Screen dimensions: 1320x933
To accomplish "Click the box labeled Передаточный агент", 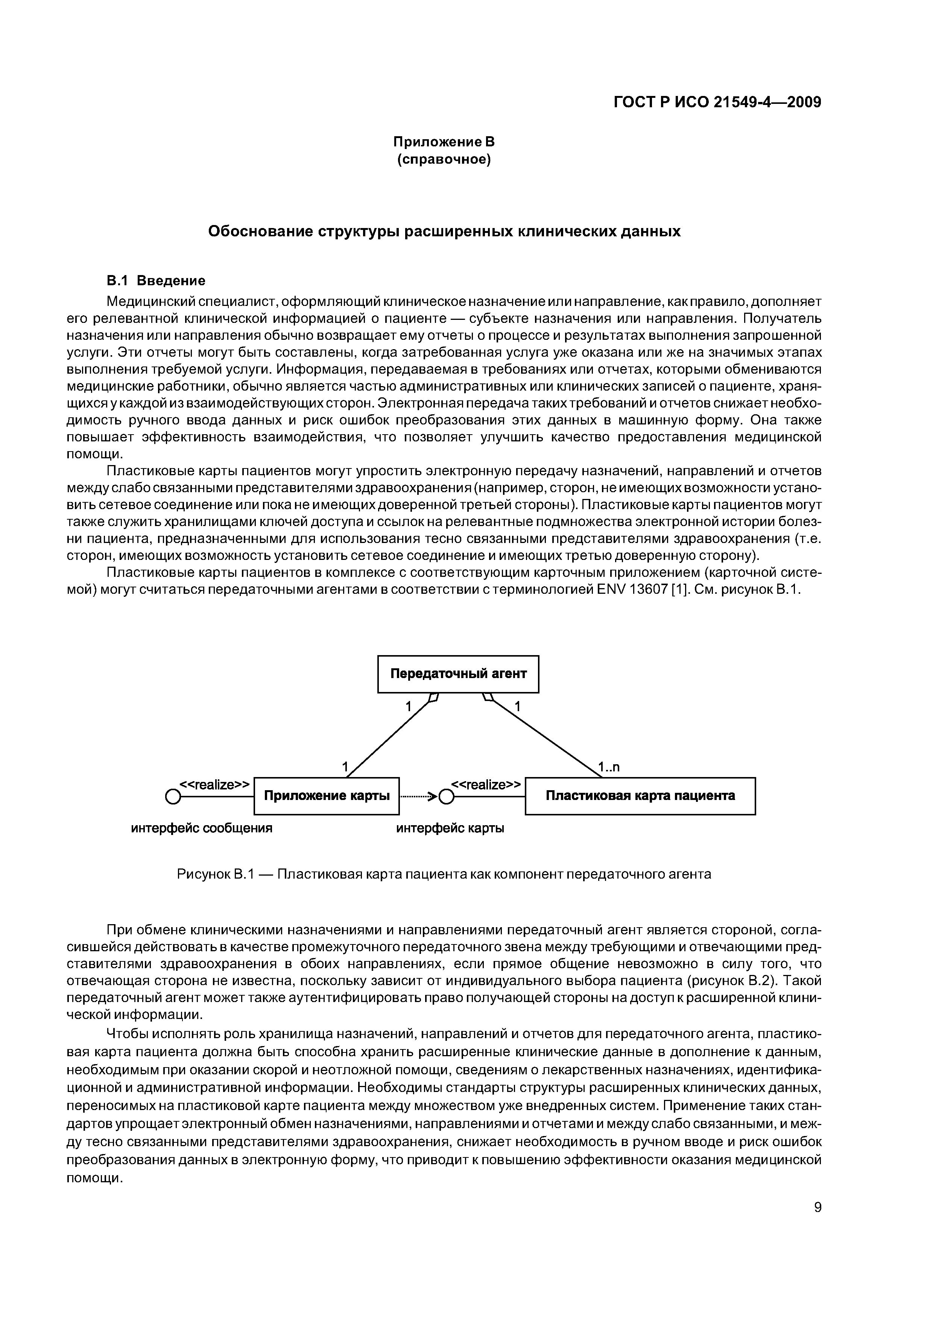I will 458,674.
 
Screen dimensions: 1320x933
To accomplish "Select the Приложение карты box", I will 327,796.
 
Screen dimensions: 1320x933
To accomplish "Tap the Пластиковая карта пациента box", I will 640,796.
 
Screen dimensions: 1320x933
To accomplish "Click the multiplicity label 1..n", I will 609,767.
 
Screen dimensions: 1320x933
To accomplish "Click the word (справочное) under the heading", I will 444,159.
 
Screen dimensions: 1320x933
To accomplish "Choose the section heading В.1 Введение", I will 156,281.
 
